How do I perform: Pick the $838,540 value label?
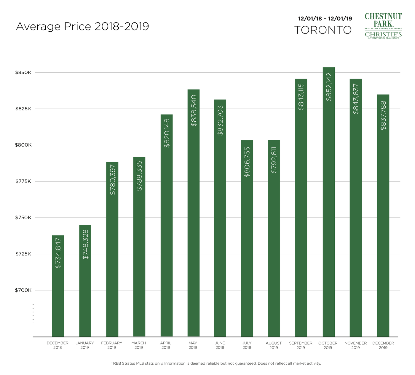point(194,110)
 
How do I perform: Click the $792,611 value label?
point(274,160)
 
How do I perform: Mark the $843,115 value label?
point(301,97)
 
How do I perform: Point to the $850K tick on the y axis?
point(23,73)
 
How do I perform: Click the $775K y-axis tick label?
point(23,181)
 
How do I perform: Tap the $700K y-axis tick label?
point(23,290)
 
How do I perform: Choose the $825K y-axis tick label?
point(23,109)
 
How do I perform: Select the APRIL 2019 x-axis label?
point(166,345)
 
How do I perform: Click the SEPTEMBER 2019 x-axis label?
point(301,345)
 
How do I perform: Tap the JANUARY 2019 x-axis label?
point(84,345)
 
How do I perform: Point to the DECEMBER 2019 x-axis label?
point(383,345)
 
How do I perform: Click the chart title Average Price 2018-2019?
point(82,26)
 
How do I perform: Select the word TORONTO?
point(323,30)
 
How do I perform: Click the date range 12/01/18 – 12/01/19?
point(325,19)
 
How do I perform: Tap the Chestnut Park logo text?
point(383,20)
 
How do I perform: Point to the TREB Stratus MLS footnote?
point(216,363)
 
